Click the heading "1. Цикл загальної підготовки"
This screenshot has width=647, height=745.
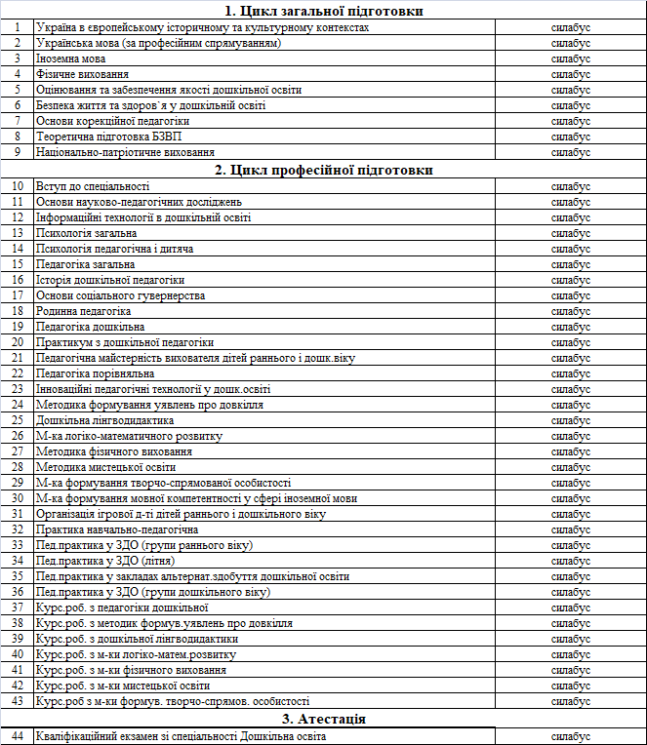(323, 11)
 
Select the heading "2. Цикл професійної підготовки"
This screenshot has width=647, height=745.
(323, 170)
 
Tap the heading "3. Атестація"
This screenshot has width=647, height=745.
(323, 720)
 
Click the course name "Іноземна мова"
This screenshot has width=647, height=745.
(71, 59)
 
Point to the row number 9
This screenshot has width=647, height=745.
(17, 152)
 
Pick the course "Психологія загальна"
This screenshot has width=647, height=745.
(86, 233)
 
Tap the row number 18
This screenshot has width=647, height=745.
(17, 311)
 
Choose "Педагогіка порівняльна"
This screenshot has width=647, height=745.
(96, 373)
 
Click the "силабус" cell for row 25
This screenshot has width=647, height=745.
(571, 420)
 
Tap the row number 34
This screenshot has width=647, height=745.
(17, 561)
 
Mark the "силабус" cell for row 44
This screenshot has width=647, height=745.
(571, 736)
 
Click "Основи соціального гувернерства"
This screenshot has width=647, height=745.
(120, 295)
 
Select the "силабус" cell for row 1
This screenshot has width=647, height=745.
(571, 27)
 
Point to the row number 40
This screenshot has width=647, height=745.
(17, 654)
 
